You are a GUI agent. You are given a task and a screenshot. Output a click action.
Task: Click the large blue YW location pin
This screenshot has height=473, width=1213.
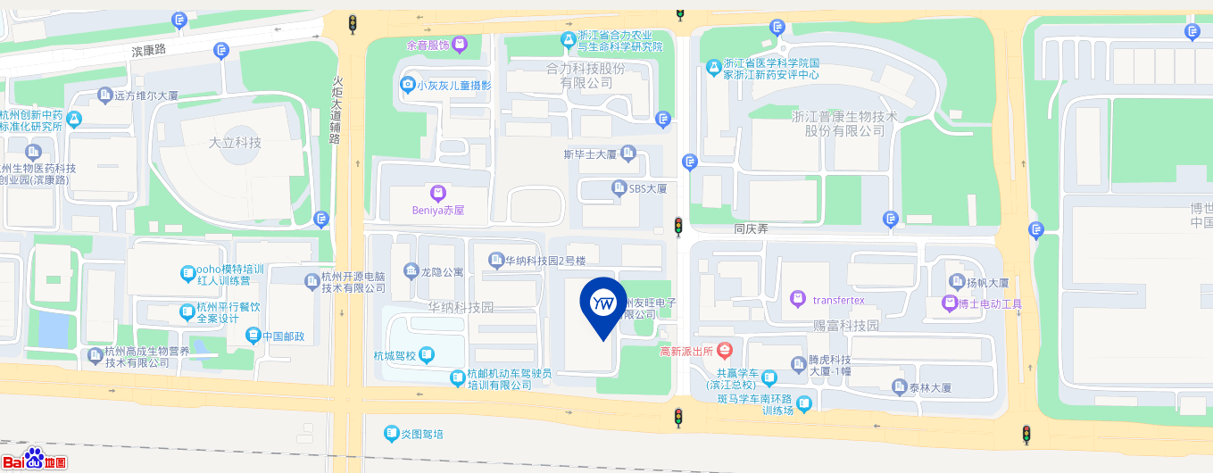point(603,306)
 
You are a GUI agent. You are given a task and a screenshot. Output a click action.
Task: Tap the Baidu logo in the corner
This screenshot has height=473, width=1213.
point(34,459)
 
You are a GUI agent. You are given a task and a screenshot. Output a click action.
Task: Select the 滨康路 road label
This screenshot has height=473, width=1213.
point(149,51)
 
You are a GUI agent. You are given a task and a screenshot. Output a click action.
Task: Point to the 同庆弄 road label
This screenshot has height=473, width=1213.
point(751,228)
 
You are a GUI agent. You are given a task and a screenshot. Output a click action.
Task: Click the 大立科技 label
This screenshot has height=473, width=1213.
point(235,143)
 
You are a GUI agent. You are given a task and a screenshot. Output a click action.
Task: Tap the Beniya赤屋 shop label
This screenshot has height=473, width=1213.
point(437,211)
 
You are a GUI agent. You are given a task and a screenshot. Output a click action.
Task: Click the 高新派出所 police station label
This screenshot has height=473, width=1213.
point(685,351)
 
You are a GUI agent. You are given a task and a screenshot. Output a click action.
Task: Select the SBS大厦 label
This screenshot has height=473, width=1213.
point(648,188)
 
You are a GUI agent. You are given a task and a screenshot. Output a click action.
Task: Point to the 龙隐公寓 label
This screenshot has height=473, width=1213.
point(442,270)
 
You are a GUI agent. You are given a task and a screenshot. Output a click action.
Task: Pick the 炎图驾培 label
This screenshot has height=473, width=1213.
point(421,435)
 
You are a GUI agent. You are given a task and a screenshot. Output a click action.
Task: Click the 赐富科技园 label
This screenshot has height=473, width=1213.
point(846,326)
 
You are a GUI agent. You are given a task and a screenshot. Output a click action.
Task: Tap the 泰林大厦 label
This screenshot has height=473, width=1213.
point(930,388)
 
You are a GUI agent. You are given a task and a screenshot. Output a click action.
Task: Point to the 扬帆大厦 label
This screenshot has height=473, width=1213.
point(987,283)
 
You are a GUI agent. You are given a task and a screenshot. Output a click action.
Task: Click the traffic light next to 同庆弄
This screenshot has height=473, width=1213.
point(678,227)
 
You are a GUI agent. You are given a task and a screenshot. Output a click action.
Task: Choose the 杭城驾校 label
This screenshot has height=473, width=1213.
point(395,355)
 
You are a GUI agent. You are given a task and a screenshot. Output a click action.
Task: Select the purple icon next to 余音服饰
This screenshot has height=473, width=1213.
point(460,44)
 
